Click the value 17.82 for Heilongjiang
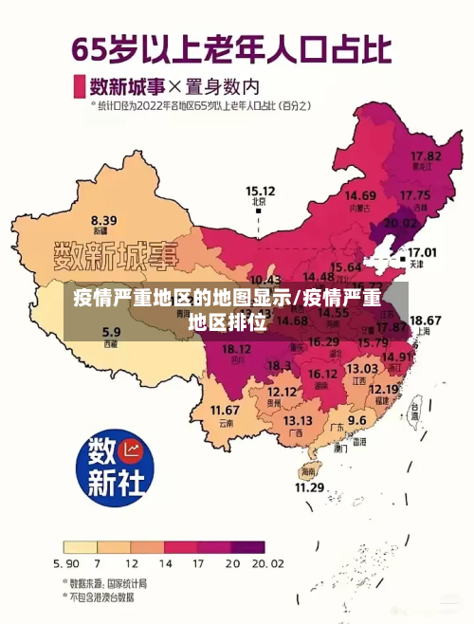click(x=427, y=155)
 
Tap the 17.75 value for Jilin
click(x=415, y=195)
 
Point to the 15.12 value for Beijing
click(x=260, y=190)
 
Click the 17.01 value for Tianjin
click(x=422, y=252)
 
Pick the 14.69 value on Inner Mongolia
click(x=360, y=194)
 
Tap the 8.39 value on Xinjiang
click(x=103, y=219)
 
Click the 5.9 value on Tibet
click(x=111, y=332)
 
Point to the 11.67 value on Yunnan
click(x=225, y=410)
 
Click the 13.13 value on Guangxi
click(x=298, y=420)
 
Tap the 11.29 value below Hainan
click(x=309, y=486)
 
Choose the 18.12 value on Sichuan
click(x=236, y=349)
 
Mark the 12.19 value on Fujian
click(x=383, y=389)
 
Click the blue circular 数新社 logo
click(x=115, y=467)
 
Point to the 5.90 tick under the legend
click(x=68, y=563)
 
